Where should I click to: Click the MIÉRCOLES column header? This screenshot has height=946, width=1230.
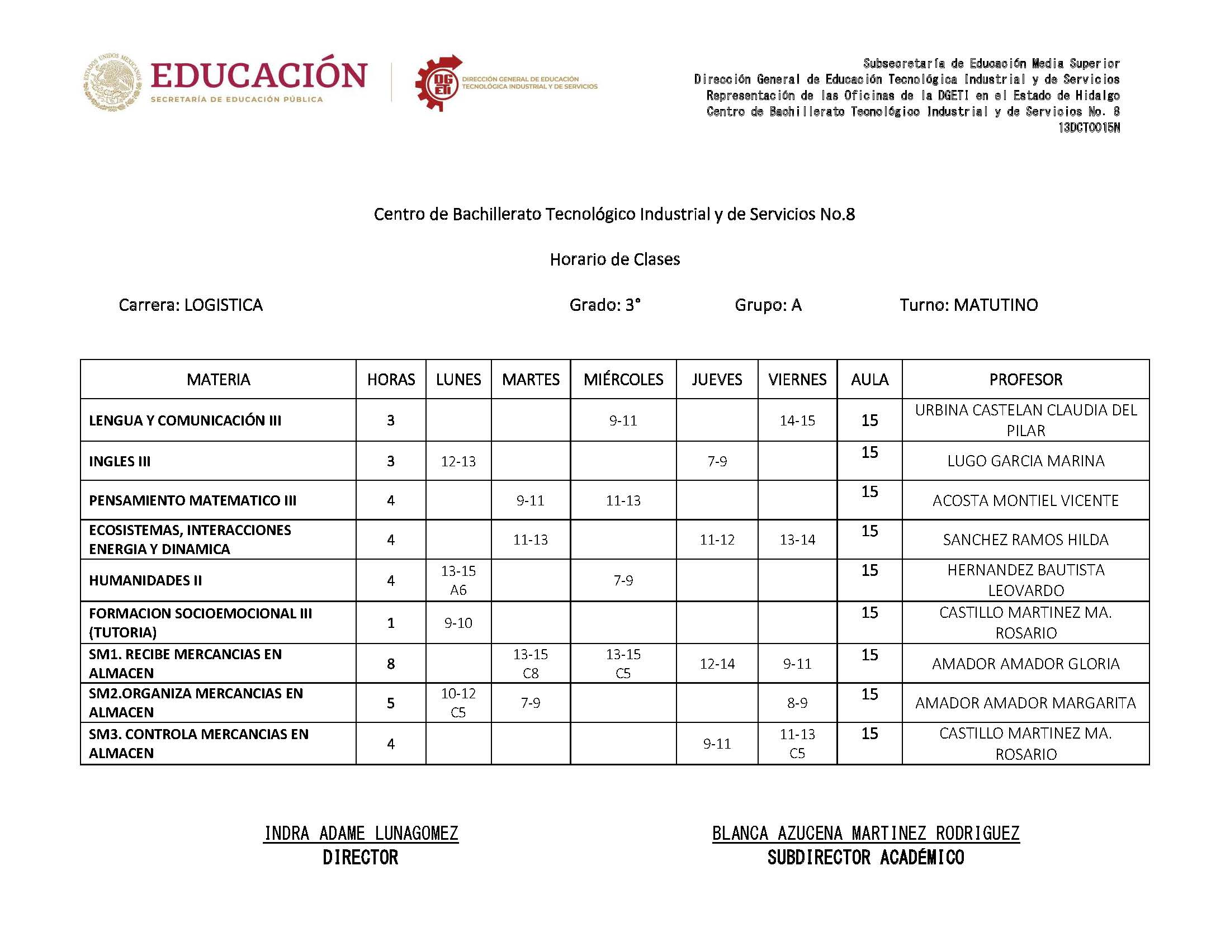click(x=623, y=379)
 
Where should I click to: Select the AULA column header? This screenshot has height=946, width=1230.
click(x=869, y=379)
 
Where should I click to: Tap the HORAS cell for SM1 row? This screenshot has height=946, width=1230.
click(x=391, y=663)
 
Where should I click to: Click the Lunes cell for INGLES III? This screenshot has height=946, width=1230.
click(x=458, y=461)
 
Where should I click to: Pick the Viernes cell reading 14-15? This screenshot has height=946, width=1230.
click(x=797, y=420)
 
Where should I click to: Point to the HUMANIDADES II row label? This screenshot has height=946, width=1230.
click(x=145, y=580)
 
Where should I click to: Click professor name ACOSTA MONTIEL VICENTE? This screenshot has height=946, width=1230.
click(x=1025, y=500)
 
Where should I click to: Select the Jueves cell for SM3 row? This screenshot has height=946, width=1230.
click(x=717, y=743)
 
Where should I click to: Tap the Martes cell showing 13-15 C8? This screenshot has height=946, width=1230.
click(x=530, y=663)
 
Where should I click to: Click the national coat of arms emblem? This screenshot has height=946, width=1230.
click(x=113, y=82)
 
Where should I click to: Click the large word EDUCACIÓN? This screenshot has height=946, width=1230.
click(x=259, y=75)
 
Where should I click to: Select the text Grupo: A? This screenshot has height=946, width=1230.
click(x=768, y=305)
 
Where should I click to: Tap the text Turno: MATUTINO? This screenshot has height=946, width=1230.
click(x=968, y=305)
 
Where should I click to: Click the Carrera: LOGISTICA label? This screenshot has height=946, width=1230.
click(x=191, y=305)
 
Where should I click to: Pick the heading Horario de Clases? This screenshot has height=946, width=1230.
click(x=614, y=259)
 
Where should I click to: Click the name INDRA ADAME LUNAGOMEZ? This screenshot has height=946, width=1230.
click(x=361, y=833)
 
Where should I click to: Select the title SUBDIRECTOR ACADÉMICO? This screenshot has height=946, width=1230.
click(x=865, y=858)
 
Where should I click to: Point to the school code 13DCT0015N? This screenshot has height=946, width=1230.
click(x=1088, y=128)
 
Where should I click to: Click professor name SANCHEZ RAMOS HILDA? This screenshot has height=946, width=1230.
click(x=1025, y=540)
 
